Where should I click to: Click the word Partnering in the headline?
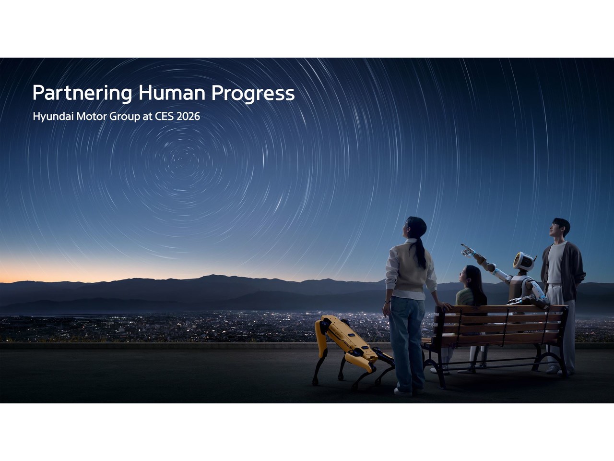pyautogui.click(x=82, y=93)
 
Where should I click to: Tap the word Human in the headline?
pyautogui.click(x=172, y=93)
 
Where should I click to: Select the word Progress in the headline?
pyautogui.click(x=253, y=94)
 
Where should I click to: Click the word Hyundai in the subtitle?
pyautogui.click(x=53, y=116)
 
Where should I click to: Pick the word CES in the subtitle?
pyautogui.click(x=164, y=116)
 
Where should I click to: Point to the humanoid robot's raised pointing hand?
pyautogui.click(x=467, y=250)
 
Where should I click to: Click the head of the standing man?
pyautogui.click(x=560, y=228)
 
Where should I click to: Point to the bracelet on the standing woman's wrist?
pyautogui.click(x=387, y=302)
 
